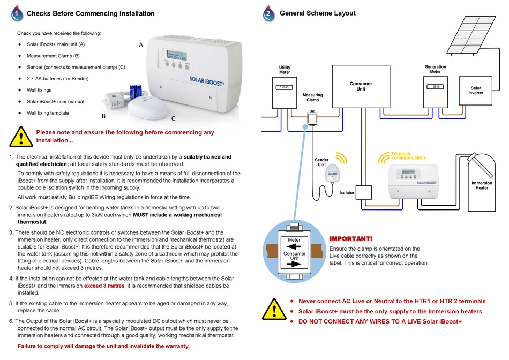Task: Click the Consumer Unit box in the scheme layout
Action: coord(361,86)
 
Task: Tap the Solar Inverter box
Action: coord(476,91)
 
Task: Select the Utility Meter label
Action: coord(285,70)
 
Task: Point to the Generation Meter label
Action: coord(435,69)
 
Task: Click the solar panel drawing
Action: coord(471,34)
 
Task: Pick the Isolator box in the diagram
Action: coord(364,192)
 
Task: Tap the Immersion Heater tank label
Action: coord(482,185)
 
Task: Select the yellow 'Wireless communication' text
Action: coord(408,156)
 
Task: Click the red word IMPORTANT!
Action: coord(351,239)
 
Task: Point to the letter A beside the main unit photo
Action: coord(141,45)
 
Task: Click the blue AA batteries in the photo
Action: coord(136,92)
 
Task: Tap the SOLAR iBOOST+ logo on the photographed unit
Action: coord(207,81)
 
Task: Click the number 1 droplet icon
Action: coord(17,13)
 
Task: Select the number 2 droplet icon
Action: coord(268,13)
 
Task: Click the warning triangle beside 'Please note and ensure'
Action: coord(21,137)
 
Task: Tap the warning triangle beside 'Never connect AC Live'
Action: coord(274,309)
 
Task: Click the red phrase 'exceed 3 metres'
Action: coord(104,286)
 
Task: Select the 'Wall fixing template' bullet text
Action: coord(48,113)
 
